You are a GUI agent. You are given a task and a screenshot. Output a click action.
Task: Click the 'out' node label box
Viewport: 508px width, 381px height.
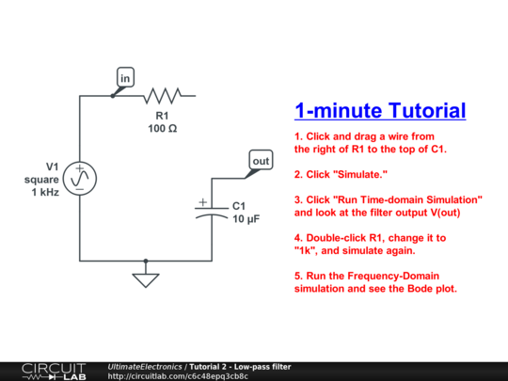click(261, 161)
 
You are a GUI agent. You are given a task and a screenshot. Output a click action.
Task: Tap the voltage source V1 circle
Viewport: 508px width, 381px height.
click(81, 176)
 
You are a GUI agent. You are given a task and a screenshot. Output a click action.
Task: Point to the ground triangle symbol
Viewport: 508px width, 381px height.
click(144, 278)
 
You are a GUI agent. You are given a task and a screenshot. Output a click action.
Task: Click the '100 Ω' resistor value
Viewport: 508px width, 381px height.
click(162, 128)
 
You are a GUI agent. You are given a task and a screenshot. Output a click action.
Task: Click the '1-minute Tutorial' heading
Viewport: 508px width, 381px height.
click(380, 111)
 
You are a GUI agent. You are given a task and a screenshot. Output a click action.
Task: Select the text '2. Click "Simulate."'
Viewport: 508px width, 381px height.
click(340, 174)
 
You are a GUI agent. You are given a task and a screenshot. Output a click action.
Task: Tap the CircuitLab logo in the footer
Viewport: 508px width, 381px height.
click(53, 371)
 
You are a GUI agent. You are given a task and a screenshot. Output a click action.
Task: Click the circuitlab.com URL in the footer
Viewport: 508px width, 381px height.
click(178, 376)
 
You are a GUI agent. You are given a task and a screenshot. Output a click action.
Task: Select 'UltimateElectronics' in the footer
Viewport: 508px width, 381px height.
click(145, 365)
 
